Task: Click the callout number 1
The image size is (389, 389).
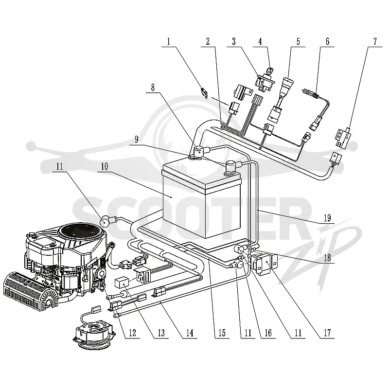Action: tap(169, 41)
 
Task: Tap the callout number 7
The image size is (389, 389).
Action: tap(375, 41)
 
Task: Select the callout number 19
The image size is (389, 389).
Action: tap(327, 218)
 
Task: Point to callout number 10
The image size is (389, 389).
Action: tap(105, 166)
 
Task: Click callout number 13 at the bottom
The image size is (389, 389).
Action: tap(161, 333)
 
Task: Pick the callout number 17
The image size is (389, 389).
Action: tap(327, 333)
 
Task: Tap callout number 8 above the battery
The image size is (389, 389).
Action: tap(153, 87)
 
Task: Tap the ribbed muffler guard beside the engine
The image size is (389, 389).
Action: tap(30, 291)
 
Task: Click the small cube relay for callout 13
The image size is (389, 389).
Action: tap(122, 283)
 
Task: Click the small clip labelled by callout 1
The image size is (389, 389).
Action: tap(204, 93)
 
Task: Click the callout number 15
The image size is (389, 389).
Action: tap(222, 333)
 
